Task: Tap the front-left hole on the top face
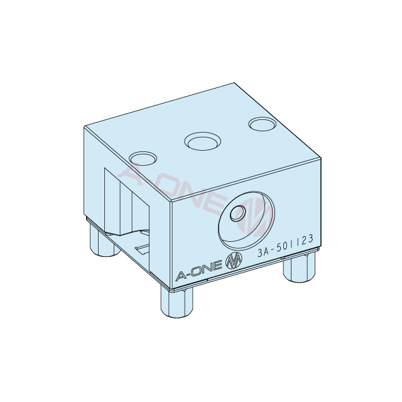point(141,157)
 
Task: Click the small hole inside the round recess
point(237,214)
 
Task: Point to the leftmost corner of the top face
point(84,126)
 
